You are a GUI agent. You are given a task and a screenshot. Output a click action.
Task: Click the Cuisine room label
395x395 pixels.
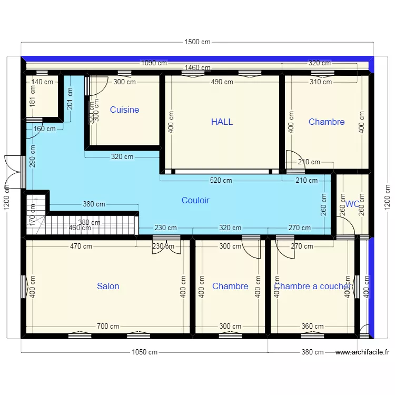coord(124,110)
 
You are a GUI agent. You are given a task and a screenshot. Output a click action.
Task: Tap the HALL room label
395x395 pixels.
coord(222,122)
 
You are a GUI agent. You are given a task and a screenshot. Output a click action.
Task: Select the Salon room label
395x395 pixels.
coord(108,287)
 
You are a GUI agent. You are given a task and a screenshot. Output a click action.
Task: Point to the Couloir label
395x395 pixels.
coord(195,200)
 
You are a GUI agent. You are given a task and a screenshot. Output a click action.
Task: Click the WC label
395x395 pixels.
coord(353,204)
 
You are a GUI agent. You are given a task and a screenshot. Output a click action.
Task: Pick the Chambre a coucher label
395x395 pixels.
coord(312,287)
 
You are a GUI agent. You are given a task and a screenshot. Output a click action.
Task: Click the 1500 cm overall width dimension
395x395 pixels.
coord(197,42)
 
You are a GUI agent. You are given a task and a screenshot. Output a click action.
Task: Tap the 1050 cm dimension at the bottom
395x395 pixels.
coord(145,352)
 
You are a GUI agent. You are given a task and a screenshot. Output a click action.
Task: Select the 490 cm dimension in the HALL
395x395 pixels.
coord(222,82)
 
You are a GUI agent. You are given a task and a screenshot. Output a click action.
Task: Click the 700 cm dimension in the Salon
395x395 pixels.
coord(108,326)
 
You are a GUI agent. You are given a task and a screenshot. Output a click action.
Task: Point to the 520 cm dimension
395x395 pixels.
coord(221,181)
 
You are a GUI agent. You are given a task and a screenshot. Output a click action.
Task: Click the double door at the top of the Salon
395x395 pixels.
coord(163,247)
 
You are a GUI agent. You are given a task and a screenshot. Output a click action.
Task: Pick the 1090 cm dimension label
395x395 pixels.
coord(154,63)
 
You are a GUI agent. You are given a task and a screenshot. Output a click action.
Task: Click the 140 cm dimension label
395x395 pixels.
coord(42,82)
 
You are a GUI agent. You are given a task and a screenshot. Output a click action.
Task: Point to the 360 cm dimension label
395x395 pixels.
coord(312,326)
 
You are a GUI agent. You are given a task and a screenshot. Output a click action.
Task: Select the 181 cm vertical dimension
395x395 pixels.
coord(33,103)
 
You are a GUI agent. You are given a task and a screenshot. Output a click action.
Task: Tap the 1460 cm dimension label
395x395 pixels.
coord(197,68)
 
